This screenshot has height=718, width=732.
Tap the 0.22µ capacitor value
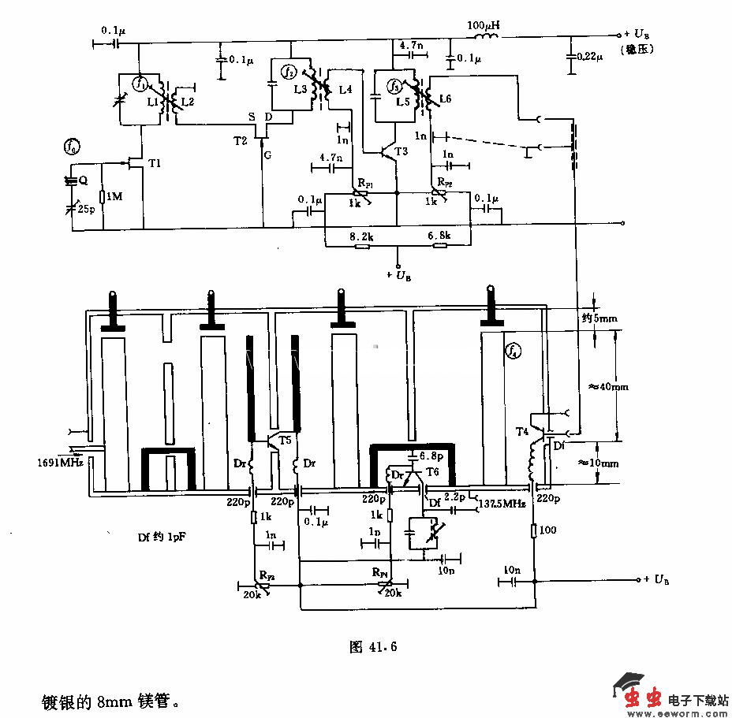point(589,57)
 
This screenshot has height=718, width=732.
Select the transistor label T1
point(155,162)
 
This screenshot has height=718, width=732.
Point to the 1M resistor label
point(115,196)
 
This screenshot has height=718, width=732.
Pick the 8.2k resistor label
point(362,236)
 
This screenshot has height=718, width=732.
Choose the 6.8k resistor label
point(439,236)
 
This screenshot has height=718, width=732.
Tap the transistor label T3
point(401,151)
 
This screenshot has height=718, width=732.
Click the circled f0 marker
point(73,147)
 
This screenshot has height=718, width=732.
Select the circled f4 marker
point(514,350)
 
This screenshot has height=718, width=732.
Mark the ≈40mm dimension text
point(609,386)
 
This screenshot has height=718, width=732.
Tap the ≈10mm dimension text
point(609,463)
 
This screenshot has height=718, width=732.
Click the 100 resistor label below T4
point(547,530)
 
